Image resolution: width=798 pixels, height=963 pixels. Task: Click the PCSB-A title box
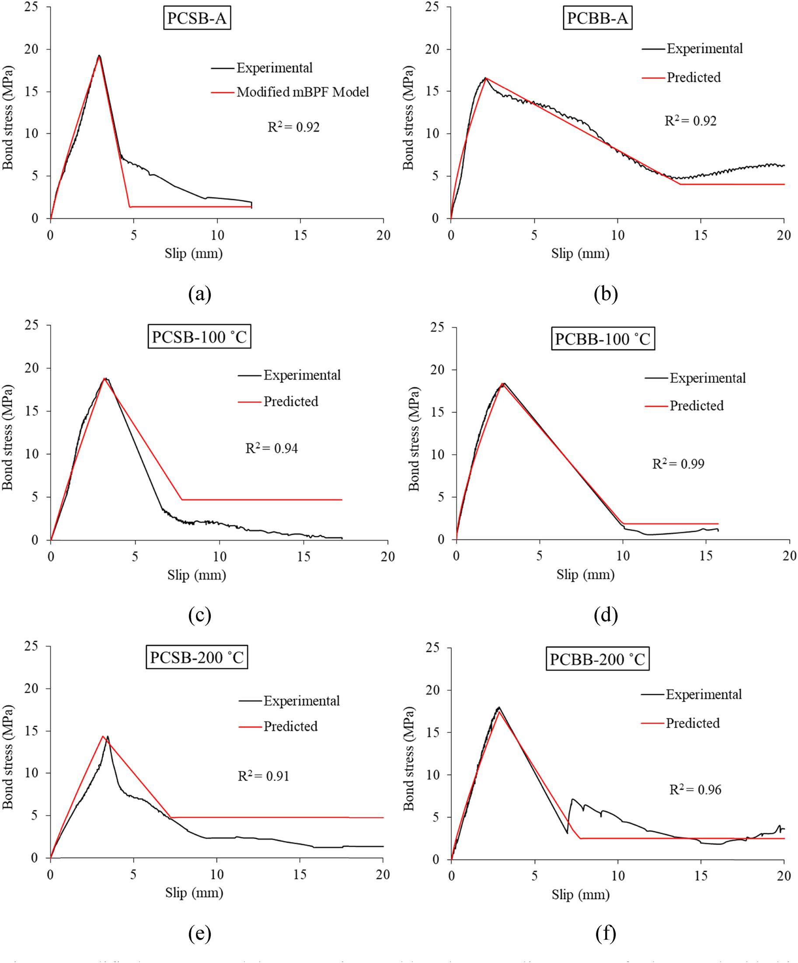[197, 19]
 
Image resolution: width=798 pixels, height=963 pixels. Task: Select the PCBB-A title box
[597, 19]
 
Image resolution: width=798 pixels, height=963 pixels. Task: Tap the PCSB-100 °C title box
[199, 337]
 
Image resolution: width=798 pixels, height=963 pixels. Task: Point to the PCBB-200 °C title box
[597, 659]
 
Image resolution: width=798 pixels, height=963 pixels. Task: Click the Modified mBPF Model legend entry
[302, 92]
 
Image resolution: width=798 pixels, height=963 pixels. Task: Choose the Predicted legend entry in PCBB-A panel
[693, 77]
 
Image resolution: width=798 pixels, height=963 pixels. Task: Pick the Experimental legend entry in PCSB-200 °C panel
[301, 701]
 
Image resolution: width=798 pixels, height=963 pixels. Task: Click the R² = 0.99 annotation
[678, 464]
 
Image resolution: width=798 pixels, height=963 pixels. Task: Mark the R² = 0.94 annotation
[272, 448]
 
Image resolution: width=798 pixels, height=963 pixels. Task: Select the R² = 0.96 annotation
[695, 789]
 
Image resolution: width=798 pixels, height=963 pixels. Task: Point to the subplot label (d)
[606, 615]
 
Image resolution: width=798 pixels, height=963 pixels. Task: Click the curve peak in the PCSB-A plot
[99, 56]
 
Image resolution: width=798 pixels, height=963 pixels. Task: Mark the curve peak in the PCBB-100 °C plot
[503, 383]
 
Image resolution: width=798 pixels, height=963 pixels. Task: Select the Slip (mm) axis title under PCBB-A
[580, 253]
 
